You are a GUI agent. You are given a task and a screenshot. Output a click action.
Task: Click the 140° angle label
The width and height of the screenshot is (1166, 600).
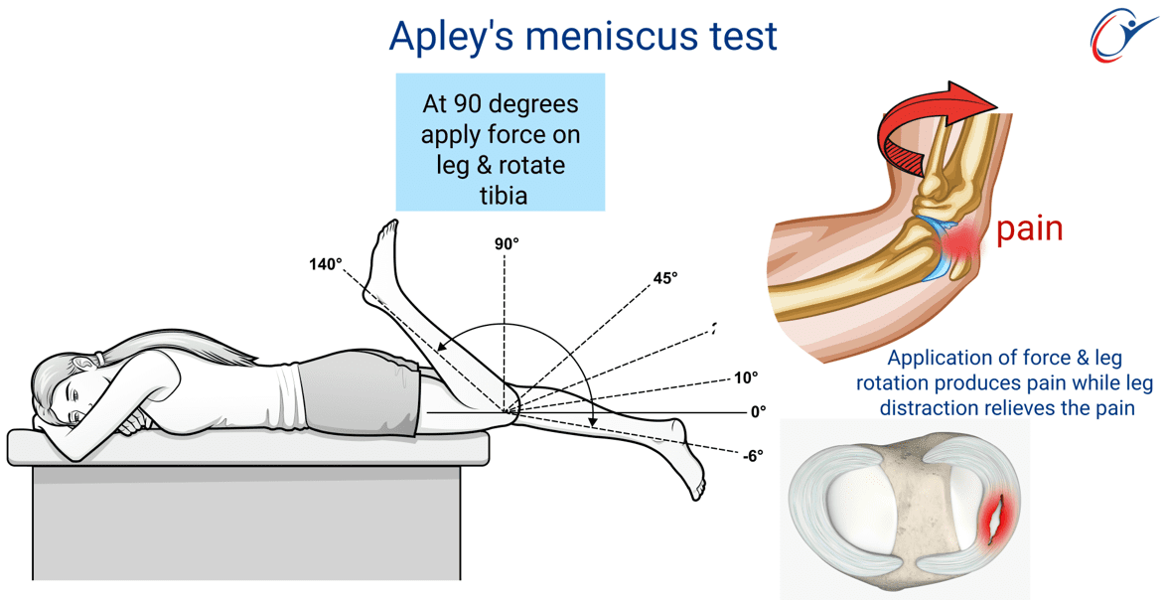[326, 264]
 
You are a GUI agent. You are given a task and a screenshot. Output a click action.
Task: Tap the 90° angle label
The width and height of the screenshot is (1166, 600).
[507, 243]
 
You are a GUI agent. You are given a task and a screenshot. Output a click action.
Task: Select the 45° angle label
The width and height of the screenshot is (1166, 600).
[665, 278]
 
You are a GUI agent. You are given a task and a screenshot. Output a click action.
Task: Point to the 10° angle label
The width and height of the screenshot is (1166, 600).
[746, 377]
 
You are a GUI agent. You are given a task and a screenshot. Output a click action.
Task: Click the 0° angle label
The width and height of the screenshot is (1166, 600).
[757, 411]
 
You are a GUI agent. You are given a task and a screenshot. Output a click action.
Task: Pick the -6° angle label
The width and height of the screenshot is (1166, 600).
[753, 456]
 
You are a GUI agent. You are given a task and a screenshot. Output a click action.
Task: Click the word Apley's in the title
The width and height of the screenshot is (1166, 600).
[451, 37]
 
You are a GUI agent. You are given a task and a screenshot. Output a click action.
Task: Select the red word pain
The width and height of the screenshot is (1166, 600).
[1029, 230]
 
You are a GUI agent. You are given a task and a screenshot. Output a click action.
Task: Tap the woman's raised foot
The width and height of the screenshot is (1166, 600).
[381, 251]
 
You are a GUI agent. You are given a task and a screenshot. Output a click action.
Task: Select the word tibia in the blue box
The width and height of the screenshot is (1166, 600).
[500, 195]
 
